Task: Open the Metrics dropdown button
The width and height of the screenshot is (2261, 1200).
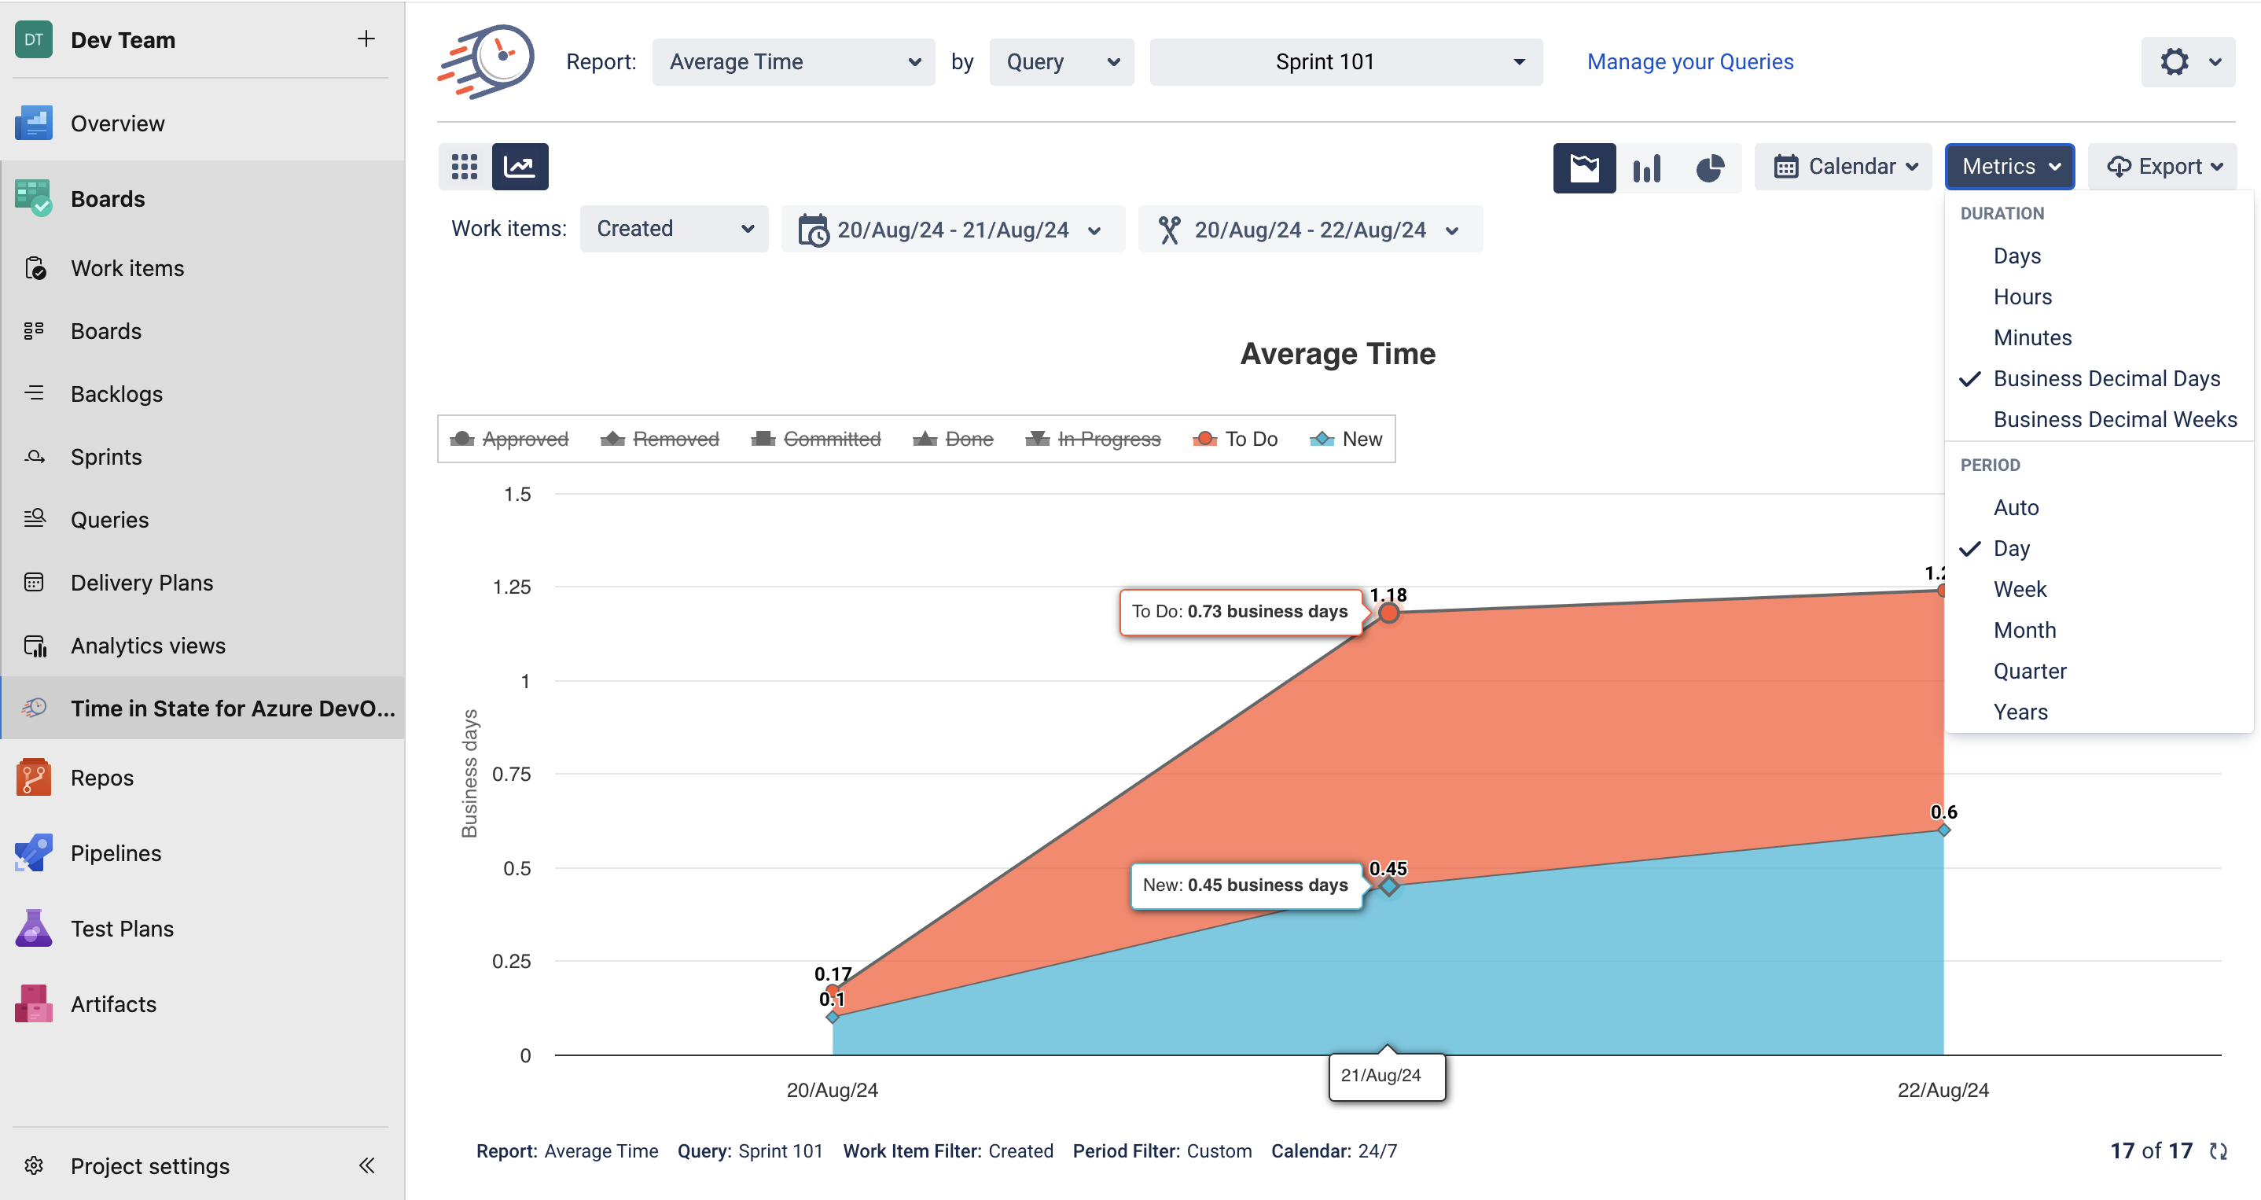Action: coord(2009,167)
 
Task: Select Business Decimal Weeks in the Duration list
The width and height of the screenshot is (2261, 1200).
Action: coord(2115,420)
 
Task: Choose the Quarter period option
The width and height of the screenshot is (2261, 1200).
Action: coord(2029,672)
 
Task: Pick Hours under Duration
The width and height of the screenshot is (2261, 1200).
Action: coord(2022,296)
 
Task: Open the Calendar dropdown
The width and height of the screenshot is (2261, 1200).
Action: coord(1844,167)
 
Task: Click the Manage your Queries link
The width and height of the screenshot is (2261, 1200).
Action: coord(1689,61)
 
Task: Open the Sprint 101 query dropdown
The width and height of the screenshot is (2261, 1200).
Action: coord(1346,61)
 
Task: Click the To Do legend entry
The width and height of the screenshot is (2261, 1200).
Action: coord(1236,439)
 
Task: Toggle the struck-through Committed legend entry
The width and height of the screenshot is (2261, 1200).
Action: coord(817,439)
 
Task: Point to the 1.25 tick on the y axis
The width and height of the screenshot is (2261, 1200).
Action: coord(512,587)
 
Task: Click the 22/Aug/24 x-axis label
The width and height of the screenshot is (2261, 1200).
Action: coord(1943,1090)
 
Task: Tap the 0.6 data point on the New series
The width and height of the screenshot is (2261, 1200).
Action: coord(1944,830)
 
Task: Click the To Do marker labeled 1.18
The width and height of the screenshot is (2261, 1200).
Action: coord(1388,613)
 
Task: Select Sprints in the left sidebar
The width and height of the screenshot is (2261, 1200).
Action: coord(106,458)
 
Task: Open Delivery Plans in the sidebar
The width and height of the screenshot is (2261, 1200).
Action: coord(142,583)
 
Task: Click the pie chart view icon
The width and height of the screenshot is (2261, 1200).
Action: coord(1710,167)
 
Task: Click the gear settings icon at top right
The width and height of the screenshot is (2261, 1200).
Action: coord(2174,61)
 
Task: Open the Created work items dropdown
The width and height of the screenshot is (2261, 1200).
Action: coord(673,229)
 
